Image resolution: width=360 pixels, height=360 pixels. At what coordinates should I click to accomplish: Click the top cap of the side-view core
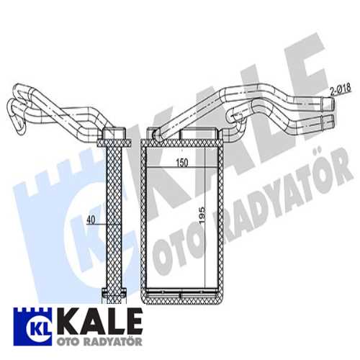[x=115, y=135]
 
